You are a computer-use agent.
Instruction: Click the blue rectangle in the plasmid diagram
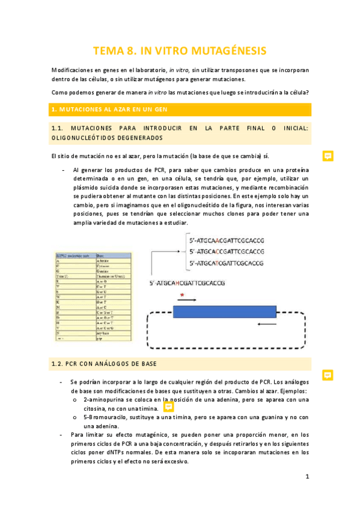[x=225, y=311]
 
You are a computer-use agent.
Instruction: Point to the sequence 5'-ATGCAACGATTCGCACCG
[x=225, y=241]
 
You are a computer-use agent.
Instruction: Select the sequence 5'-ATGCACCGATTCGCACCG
[x=225, y=251]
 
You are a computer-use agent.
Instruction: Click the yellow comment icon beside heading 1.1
[x=328, y=155]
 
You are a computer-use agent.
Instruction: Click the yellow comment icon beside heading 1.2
[x=328, y=374]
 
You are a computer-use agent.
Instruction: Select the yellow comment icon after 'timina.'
[x=169, y=407]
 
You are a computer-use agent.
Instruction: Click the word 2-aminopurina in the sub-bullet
[x=104, y=399]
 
